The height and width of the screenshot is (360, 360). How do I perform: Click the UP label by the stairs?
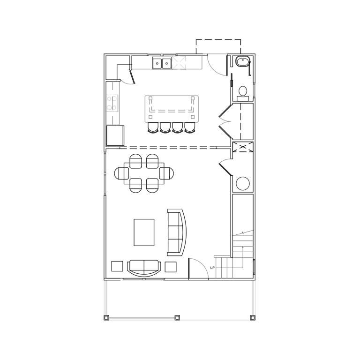pos(212,268)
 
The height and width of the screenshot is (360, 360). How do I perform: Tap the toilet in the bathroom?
pos(243,92)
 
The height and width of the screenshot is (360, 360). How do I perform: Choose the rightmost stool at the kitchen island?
pos(189,127)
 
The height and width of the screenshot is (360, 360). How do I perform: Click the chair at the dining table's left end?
pos(121,173)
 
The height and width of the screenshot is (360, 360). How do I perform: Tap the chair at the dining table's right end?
pos(167,173)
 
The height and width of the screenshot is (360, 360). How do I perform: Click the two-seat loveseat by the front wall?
pos(143,268)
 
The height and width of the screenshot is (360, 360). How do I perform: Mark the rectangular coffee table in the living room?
pos(144,232)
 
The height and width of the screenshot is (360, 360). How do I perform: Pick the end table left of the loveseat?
pos(117,266)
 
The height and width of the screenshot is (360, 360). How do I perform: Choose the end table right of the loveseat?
pos(171,267)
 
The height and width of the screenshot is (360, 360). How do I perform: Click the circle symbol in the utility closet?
pos(243,183)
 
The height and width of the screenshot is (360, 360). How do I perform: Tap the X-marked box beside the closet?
pos(243,147)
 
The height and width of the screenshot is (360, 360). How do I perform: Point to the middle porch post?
pos(177,317)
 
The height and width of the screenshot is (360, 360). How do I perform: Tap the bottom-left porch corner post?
pos(105,317)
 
